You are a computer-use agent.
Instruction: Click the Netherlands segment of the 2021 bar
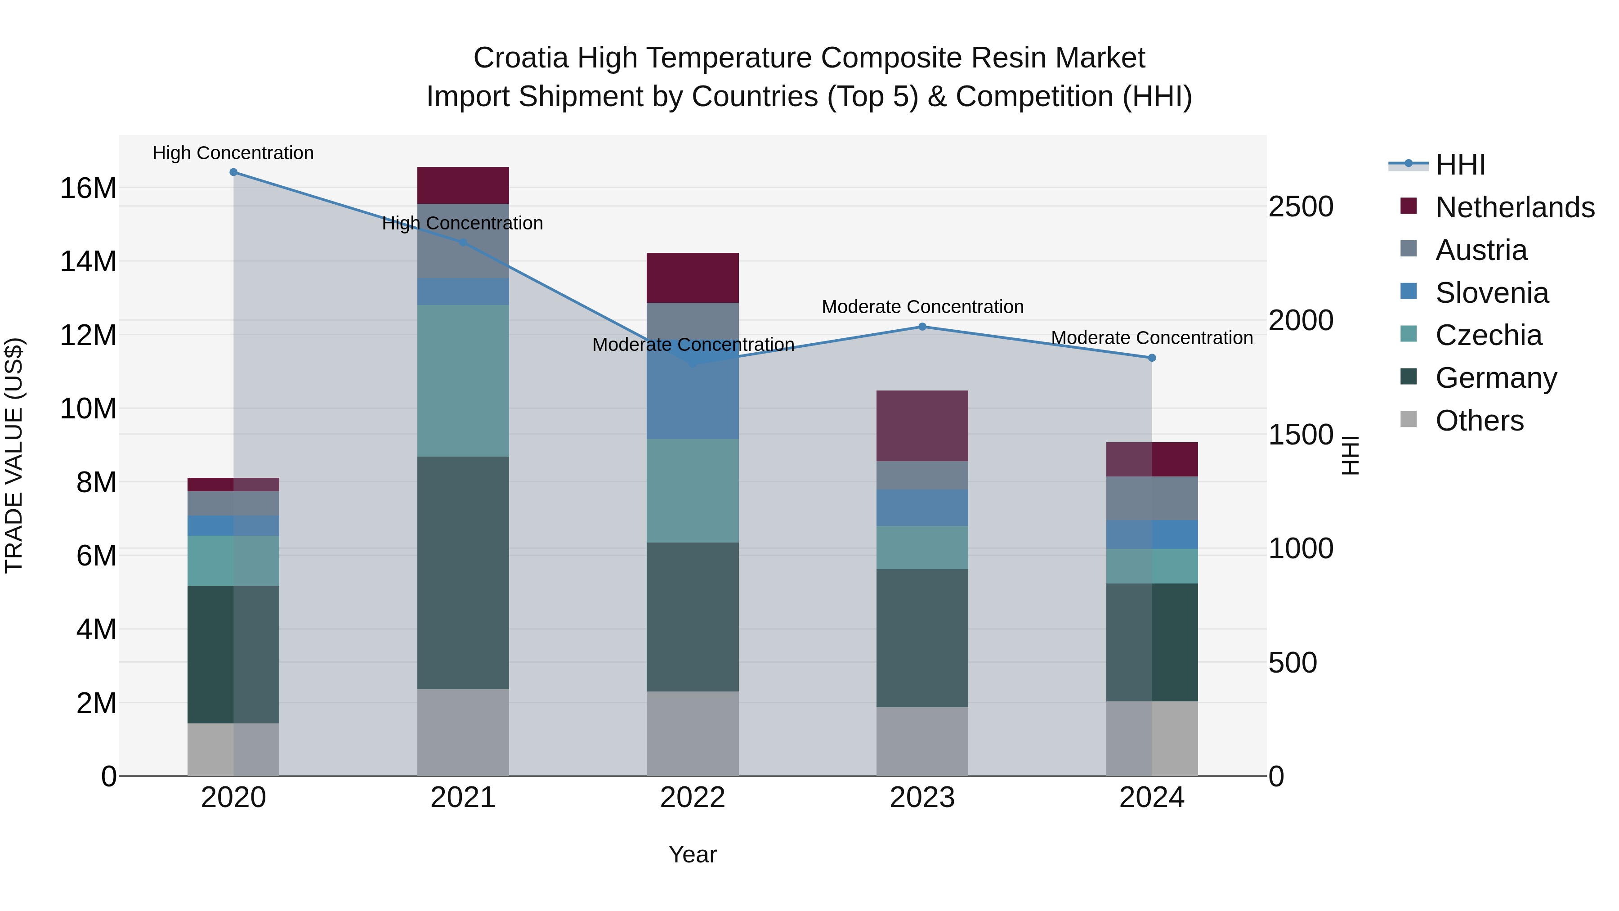[x=463, y=185]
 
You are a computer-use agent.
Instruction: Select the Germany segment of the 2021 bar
[x=463, y=572]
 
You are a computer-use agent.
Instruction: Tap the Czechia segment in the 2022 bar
[x=693, y=490]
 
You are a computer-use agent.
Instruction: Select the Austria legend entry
[x=1481, y=250]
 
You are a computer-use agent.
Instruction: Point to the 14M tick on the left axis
[x=88, y=261]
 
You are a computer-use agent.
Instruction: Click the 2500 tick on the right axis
[x=1300, y=207]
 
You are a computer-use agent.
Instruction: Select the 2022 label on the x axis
[x=693, y=798]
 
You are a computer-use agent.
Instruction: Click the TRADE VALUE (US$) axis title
[x=14, y=455]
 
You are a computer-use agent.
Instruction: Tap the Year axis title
[x=693, y=854]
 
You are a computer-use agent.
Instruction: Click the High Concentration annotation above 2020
[x=233, y=153]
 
